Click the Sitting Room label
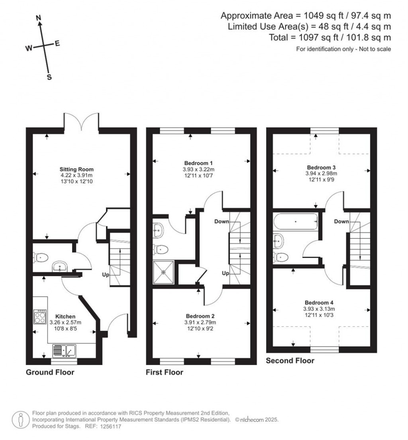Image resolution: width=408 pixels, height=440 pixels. click(x=76, y=169)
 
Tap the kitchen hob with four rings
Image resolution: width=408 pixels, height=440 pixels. click(x=40, y=317)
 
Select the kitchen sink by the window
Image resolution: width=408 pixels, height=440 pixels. click(x=64, y=350)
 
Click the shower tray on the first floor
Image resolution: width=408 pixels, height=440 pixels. click(x=163, y=272)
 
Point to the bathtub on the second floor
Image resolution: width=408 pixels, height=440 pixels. click(x=296, y=222)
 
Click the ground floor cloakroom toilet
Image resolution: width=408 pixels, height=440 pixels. click(x=41, y=257)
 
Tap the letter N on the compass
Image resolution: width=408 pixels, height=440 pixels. click(x=38, y=18)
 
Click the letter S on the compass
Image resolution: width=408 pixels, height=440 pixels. click(x=49, y=77)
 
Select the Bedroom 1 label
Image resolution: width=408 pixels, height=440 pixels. click(x=198, y=163)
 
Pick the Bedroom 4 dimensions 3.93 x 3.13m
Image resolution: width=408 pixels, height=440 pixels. click(x=319, y=308)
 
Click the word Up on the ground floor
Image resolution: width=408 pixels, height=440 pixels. click(x=106, y=275)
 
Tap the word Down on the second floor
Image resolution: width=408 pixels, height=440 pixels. click(x=341, y=222)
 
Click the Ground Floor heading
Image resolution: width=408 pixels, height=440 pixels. click(x=50, y=372)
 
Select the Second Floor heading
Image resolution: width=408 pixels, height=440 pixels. click(x=290, y=361)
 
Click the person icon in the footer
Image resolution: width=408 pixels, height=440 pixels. click(x=21, y=420)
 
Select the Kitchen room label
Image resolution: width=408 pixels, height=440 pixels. click(x=65, y=316)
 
